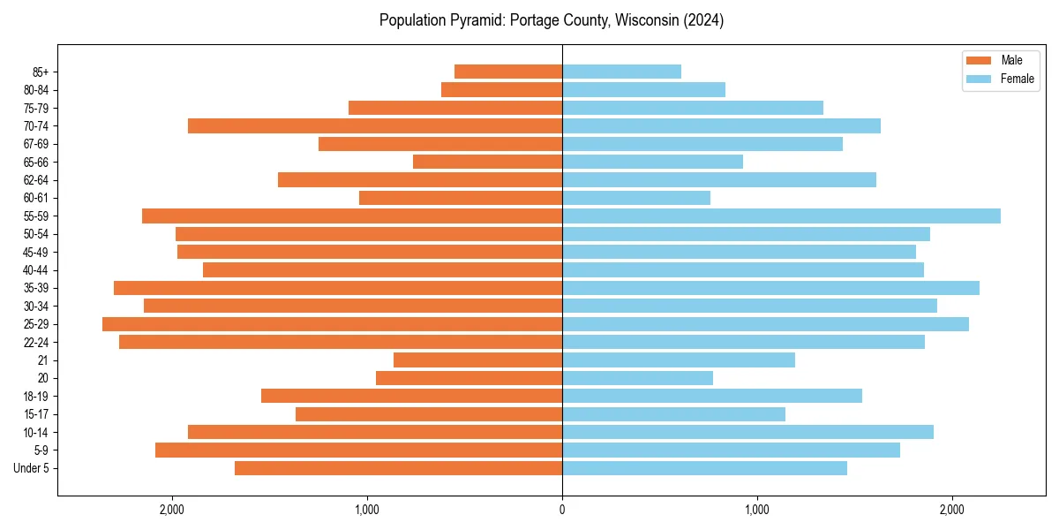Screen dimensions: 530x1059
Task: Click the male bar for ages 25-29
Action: point(332,324)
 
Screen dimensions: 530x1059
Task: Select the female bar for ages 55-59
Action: point(781,216)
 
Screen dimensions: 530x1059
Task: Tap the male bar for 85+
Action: point(508,72)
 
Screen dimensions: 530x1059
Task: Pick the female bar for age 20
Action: point(637,378)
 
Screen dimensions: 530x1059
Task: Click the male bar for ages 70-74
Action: point(375,125)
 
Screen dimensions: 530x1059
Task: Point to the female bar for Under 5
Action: point(704,468)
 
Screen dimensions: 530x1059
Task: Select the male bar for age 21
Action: point(477,360)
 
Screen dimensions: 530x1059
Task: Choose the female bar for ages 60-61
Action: point(636,198)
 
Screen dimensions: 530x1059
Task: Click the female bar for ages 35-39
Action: point(770,288)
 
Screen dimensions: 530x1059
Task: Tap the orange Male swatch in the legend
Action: point(980,60)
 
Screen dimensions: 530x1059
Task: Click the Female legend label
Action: point(1017,79)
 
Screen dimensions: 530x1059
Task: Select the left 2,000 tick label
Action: point(171,510)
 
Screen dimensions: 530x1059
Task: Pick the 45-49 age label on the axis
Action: point(36,252)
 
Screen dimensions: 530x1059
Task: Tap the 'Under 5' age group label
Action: point(31,468)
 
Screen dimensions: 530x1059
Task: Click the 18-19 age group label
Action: point(36,397)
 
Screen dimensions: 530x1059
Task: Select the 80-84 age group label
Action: point(36,89)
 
